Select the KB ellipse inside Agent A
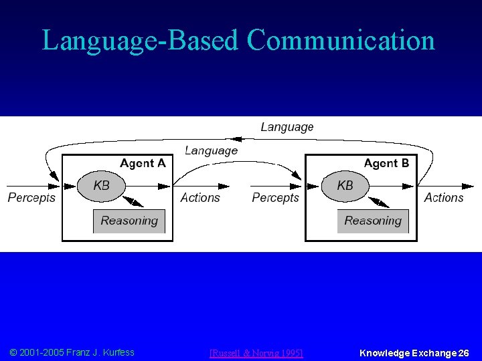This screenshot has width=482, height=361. [x=100, y=185]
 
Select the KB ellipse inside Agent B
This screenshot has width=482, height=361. [x=344, y=185]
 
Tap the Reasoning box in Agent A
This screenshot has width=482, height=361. [x=129, y=221]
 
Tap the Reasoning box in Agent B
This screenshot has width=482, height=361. [x=373, y=221]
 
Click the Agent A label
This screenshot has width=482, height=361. [x=143, y=163]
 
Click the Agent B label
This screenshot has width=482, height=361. [x=386, y=163]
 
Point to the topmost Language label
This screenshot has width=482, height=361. [x=287, y=127]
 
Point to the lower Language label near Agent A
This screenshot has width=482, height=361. [x=211, y=150]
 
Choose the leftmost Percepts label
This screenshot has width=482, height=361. [x=31, y=198]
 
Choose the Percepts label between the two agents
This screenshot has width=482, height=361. [x=275, y=198]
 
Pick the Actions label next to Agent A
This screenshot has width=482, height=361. [x=200, y=198]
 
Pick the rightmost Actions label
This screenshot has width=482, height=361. [x=444, y=198]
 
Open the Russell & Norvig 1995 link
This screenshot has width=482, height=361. [x=256, y=353]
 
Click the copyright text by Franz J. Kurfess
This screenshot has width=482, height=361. [x=72, y=352]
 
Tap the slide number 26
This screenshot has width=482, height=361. [x=464, y=353]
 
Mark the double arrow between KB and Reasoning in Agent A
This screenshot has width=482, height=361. [x=134, y=201]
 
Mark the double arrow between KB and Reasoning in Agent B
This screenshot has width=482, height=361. [x=379, y=201]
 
